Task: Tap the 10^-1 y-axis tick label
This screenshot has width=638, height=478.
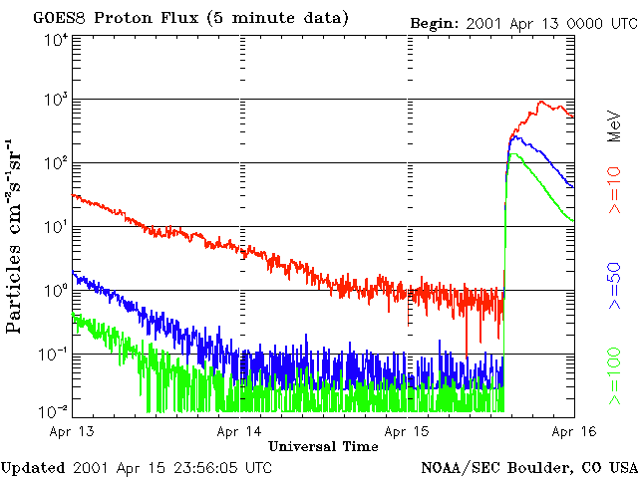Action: [55, 356]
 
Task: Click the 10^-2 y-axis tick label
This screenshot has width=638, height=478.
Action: [55, 410]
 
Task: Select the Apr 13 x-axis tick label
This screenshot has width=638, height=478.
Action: [72, 432]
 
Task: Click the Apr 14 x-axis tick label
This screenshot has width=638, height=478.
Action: [239, 432]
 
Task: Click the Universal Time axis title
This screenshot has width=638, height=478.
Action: [323, 445]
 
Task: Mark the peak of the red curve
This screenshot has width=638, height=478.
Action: [541, 102]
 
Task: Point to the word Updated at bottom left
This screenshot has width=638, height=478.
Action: [33, 467]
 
